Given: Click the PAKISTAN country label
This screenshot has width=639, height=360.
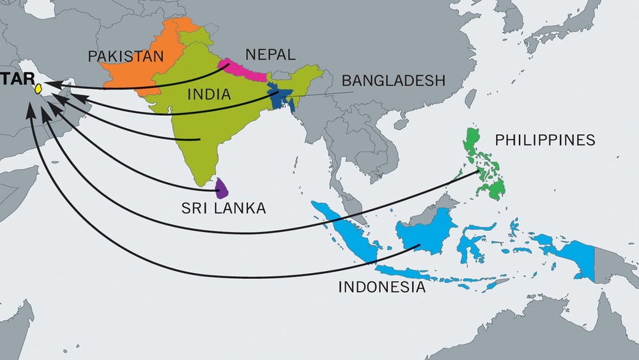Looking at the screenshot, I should pyautogui.click(x=126, y=56).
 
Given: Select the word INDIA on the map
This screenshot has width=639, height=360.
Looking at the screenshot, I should pyautogui.click(x=209, y=95).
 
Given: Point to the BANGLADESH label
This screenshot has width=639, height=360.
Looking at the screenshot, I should pyautogui.click(x=393, y=81).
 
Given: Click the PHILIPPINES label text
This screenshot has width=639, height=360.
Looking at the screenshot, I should pyautogui.click(x=545, y=140).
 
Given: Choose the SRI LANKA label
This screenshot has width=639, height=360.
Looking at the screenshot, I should pyautogui.click(x=222, y=208).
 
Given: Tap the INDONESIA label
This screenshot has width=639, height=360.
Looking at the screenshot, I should pyautogui.click(x=381, y=287).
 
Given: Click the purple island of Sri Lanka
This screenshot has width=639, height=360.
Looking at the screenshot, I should pyautogui.click(x=223, y=188).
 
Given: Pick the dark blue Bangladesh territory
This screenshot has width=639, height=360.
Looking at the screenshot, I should pyautogui.click(x=281, y=97).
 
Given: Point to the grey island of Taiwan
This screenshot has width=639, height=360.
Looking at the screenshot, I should pyautogui.click(x=471, y=98).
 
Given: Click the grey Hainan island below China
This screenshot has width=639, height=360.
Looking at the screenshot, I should pyautogui.click(x=401, y=123).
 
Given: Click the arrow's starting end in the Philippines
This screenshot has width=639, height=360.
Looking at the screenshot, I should pyautogui.click(x=481, y=171).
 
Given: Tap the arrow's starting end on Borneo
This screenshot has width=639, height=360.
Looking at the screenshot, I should pyautogui.click(x=419, y=245).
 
